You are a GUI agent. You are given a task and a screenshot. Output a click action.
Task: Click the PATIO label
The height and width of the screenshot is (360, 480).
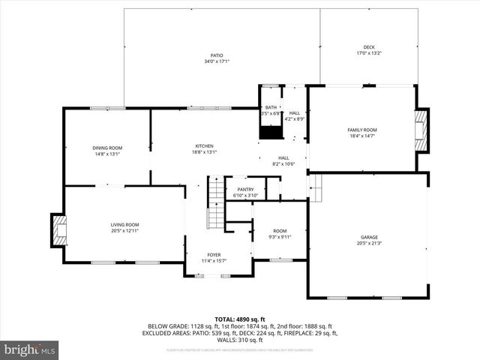216,55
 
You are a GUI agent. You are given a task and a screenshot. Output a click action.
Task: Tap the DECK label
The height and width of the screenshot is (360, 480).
369,47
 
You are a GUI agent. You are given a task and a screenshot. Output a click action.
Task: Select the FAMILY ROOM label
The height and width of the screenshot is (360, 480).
361,130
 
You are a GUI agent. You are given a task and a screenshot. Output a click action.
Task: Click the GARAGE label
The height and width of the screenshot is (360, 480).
369,237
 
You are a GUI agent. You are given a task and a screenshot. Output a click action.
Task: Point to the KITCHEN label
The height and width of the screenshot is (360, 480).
205,145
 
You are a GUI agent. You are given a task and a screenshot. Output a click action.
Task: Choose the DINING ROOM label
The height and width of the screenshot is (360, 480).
107,148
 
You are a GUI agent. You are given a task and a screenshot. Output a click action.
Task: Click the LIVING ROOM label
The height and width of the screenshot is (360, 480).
125,225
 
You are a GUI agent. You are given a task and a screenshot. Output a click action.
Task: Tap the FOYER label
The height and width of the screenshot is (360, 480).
214,255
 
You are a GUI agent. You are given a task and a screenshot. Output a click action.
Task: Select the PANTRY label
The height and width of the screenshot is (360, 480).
245,189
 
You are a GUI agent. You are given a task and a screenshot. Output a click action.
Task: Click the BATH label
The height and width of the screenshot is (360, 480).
270,108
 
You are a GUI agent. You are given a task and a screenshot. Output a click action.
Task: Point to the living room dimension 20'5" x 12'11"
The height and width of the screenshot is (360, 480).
125,231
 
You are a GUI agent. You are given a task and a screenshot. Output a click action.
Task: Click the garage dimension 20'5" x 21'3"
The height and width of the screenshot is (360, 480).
369,243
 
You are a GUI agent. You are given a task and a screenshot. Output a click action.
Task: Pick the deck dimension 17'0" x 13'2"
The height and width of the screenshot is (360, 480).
369,53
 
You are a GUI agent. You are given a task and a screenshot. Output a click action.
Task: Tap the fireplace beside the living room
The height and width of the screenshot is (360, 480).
57,230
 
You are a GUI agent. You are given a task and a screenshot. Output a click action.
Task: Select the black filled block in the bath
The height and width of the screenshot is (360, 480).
269,131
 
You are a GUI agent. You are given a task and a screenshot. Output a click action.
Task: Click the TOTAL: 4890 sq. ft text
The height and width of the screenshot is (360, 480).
240,319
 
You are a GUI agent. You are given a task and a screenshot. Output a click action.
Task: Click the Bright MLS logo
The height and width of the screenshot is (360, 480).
30,349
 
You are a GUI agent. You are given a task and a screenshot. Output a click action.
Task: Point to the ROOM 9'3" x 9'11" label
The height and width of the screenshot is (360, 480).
280,233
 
